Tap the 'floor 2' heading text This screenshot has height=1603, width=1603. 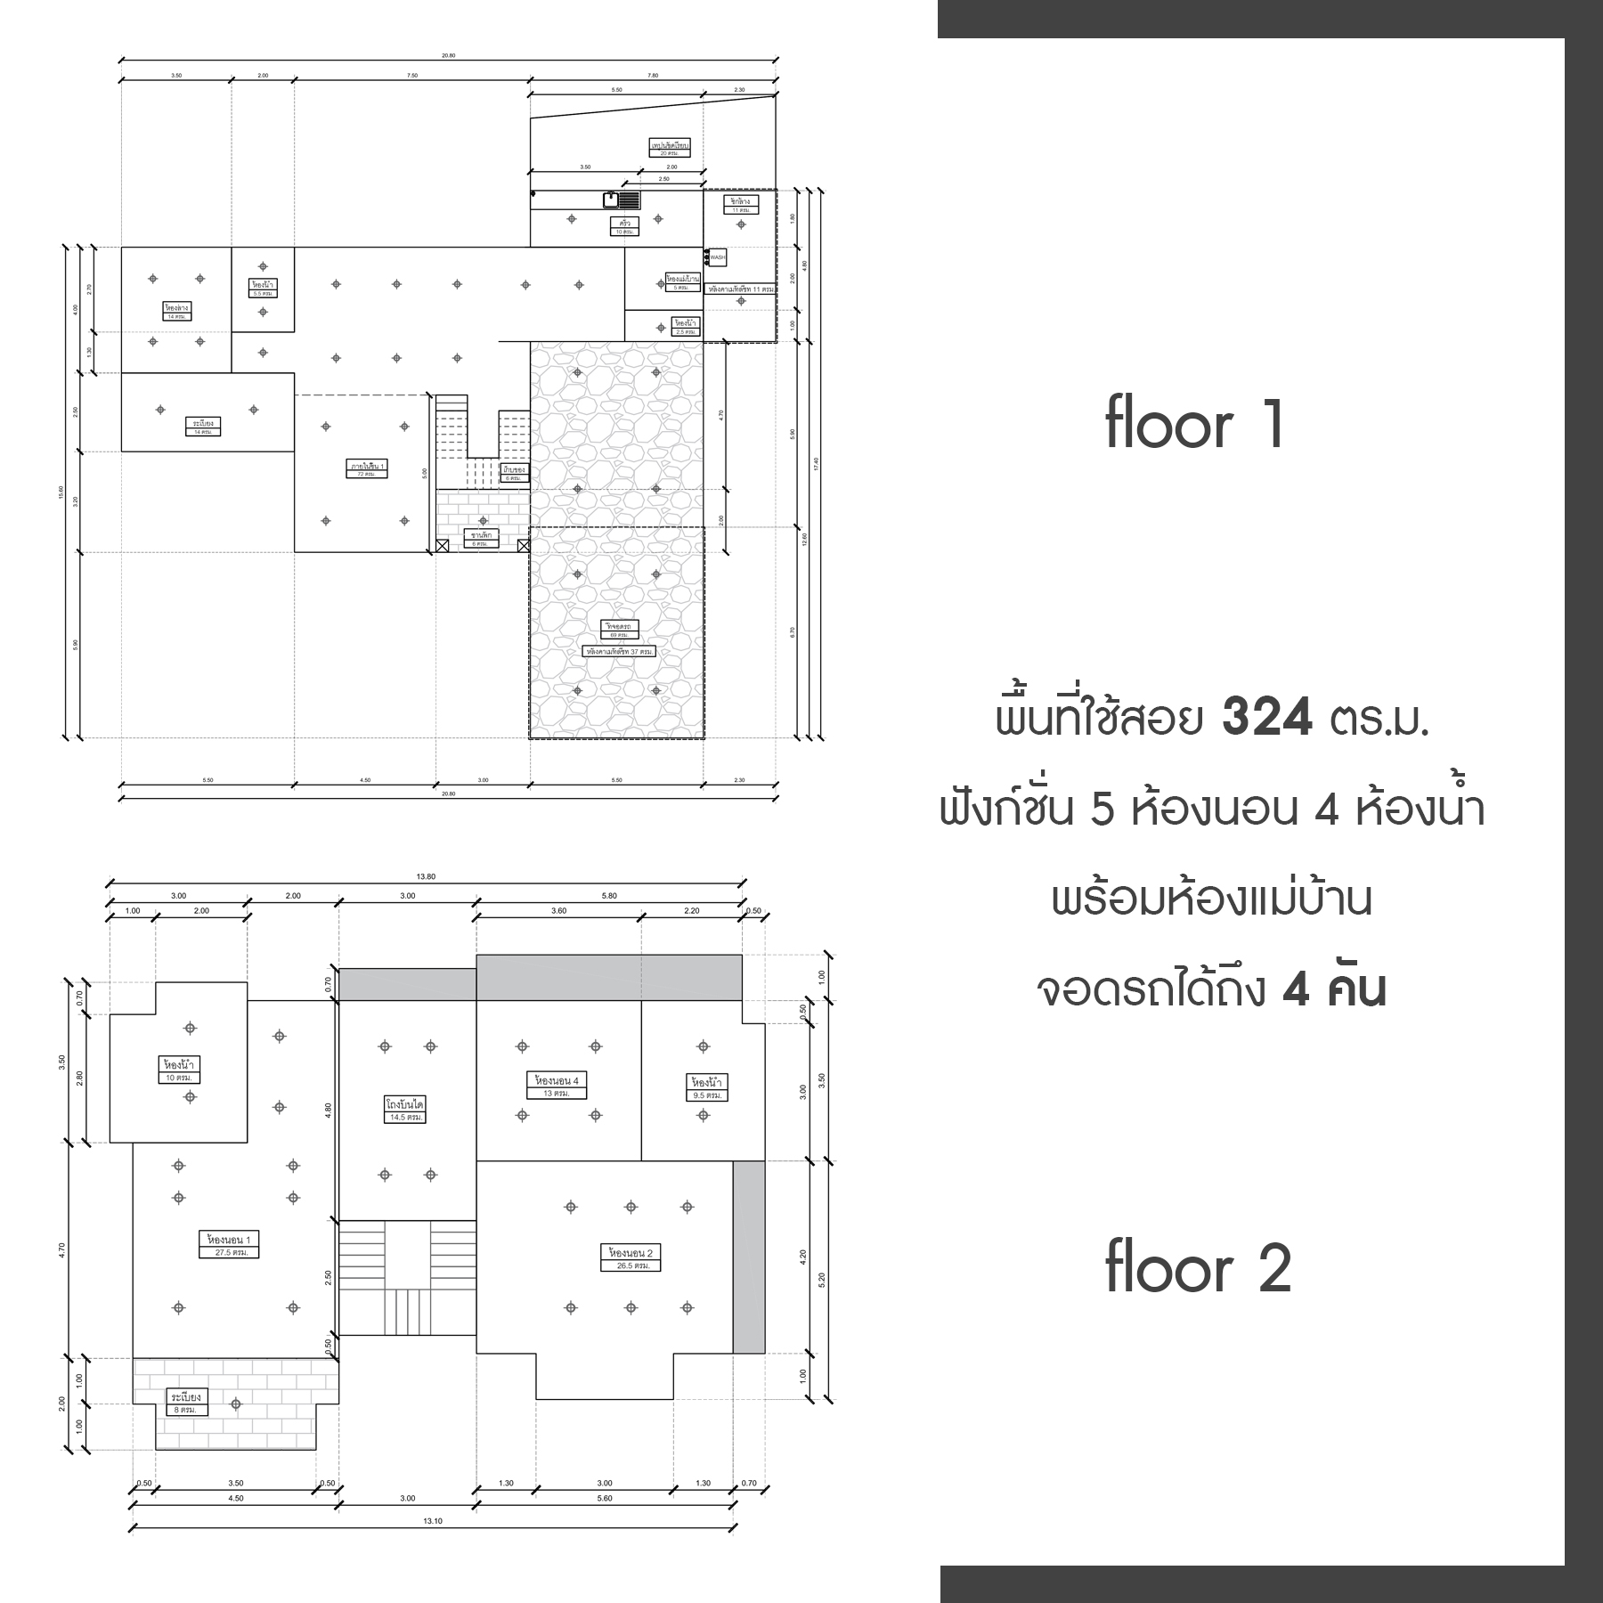pos(1198,1268)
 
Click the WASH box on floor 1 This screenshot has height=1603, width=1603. pos(717,257)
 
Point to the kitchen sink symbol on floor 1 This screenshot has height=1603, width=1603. pos(611,199)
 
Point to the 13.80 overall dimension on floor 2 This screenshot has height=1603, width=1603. pos(426,877)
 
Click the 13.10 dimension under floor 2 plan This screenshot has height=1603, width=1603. pos(432,1521)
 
